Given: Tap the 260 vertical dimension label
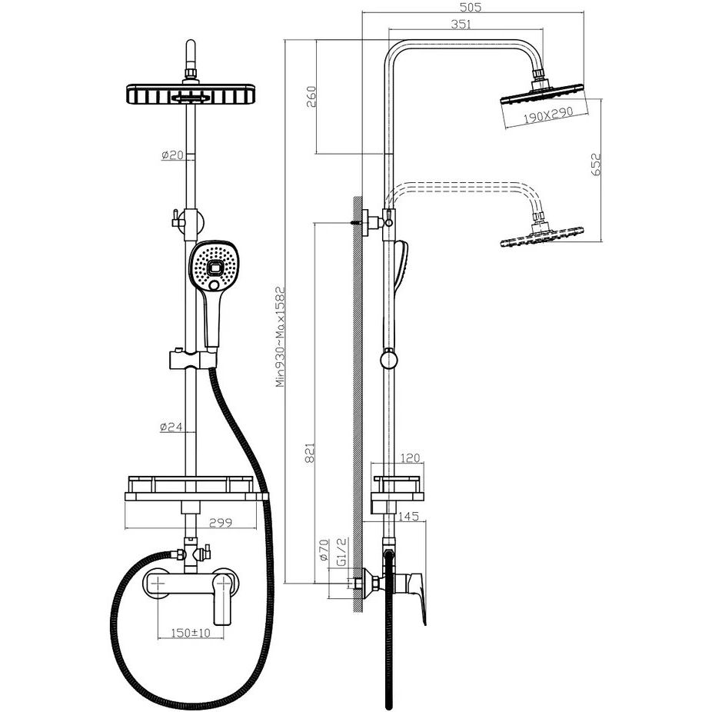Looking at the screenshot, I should pos(311,97).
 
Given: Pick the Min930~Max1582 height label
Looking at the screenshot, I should pos(281,338).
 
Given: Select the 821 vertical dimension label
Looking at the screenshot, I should pos(311,451).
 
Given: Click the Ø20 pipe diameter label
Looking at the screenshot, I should pos(172,155).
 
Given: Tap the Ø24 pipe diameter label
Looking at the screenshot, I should pos(171,428).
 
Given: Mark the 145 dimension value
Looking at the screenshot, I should pos(409,517).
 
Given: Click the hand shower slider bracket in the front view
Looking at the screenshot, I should pos(188,358).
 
